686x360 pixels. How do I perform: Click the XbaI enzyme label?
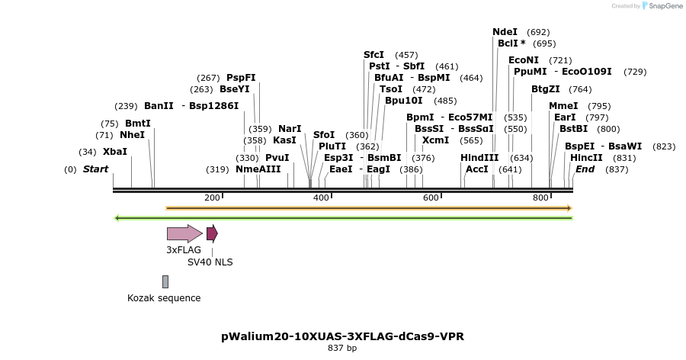point(115,152)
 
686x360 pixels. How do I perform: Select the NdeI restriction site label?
point(505,32)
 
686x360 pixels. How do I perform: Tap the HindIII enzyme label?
point(479,158)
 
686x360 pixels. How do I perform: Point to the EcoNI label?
point(524,60)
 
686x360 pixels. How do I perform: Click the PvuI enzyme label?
point(277,158)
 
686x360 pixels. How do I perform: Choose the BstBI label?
point(573,129)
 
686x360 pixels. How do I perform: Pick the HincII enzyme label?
point(586,158)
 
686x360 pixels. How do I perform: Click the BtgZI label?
point(546,89)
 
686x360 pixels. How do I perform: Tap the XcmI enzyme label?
point(435,140)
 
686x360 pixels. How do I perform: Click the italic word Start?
point(96,169)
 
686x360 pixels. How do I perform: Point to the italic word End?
point(585,169)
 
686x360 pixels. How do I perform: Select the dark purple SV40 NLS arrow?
point(212,233)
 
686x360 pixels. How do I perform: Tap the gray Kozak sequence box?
point(165,282)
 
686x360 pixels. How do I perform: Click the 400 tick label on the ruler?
point(320,198)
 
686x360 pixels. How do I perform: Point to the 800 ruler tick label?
point(540,198)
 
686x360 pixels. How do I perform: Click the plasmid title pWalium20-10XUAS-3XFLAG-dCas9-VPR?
point(342,336)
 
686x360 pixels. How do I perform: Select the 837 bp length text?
point(342,349)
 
